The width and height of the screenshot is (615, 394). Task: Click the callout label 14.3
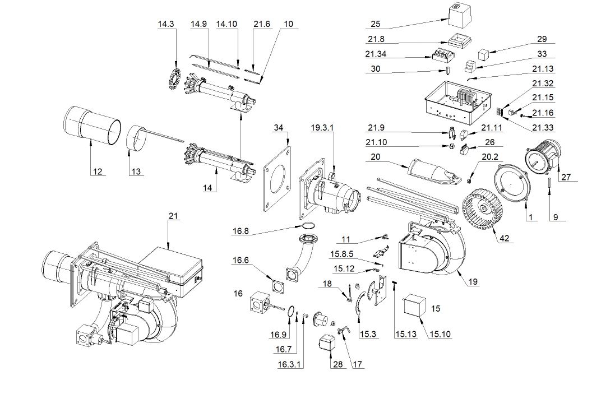165,24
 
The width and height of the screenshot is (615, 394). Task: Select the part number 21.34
376,54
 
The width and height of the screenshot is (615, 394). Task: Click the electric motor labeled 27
544,156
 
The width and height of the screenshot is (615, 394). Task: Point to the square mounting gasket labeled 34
277,177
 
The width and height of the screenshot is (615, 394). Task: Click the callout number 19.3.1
322,128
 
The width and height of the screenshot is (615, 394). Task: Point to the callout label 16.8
241,231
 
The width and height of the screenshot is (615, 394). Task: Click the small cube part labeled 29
483,55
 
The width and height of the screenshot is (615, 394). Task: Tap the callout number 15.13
405,334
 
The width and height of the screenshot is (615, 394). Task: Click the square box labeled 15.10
415,305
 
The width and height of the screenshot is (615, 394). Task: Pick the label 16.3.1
289,364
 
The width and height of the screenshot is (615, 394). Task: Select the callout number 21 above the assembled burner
173,216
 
